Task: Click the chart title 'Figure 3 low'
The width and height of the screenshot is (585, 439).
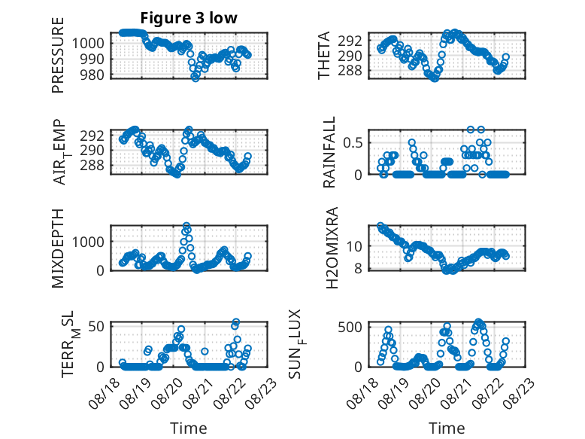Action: tap(189, 18)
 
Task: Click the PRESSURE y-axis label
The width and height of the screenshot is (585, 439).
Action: tap(58, 55)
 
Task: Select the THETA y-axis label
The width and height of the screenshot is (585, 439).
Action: tap(324, 55)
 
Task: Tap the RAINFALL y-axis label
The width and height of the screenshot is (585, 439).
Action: tap(329, 152)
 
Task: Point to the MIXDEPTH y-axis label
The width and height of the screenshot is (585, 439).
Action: tap(58, 248)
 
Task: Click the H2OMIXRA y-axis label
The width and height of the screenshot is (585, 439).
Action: tap(332, 248)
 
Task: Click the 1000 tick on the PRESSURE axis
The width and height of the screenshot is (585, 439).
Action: tap(89, 44)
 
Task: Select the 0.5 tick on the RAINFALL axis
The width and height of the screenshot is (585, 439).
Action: tap(353, 143)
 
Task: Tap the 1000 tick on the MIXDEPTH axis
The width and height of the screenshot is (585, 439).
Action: tap(89, 242)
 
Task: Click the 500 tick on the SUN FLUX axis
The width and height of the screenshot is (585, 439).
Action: tap(350, 328)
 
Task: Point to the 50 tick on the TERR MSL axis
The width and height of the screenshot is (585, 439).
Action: tap(97, 326)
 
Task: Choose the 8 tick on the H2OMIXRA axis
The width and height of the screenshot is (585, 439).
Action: tap(359, 269)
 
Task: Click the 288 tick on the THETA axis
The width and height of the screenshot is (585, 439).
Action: tap(350, 70)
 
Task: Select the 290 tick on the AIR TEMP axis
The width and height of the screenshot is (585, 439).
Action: tap(92, 150)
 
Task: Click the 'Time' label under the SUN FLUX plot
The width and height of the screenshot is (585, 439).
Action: tap(447, 428)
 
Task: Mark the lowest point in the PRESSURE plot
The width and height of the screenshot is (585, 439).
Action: tap(195, 78)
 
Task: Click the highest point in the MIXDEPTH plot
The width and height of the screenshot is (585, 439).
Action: tap(186, 226)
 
